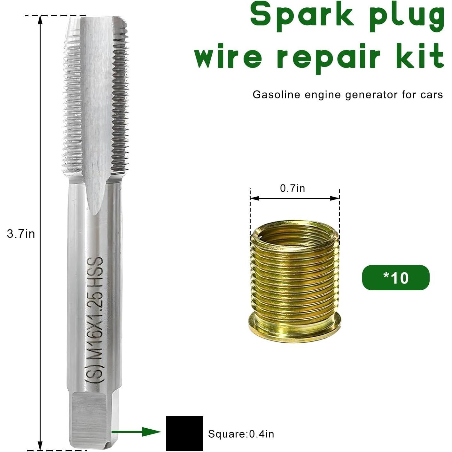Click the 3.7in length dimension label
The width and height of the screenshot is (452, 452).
[x=21, y=234]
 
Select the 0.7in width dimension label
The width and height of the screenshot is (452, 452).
[x=292, y=188]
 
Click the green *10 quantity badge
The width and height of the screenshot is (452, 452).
[x=395, y=277]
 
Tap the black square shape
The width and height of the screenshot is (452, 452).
[x=184, y=433]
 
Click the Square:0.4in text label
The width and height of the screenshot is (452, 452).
[x=241, y=434]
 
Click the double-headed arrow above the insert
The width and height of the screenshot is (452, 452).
[x=294, y=199]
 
